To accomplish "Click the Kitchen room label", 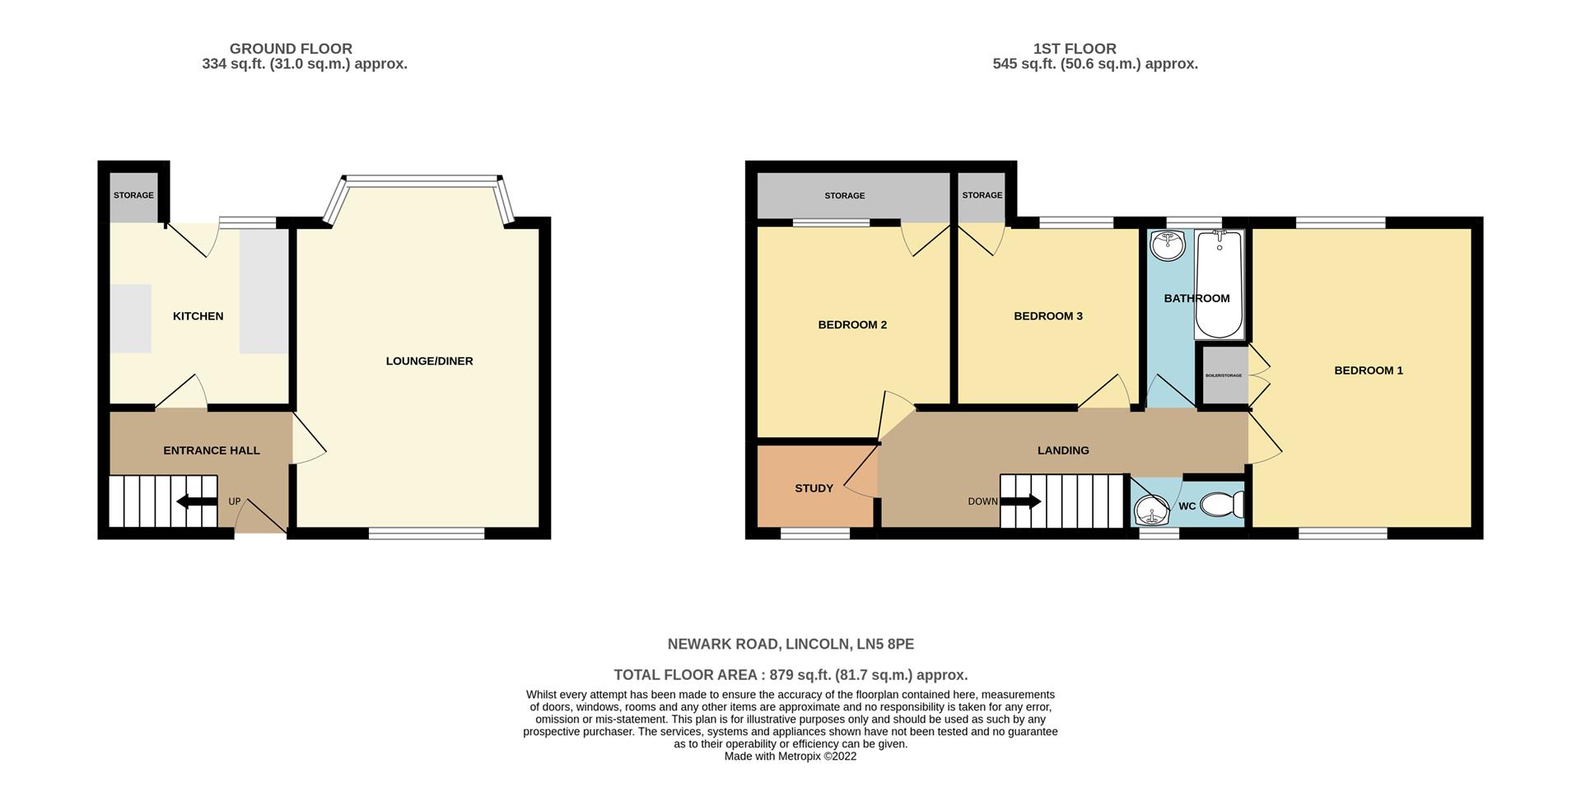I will tap(198, 316).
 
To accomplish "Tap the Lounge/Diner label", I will tap(429, 361).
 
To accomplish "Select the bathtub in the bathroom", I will tap(1220, 285).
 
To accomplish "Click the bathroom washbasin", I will tap(1167, 244).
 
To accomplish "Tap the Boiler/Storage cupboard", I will tap(1224, 375).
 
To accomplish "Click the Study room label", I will tap(814, 488).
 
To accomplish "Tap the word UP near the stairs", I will tap(235, 501).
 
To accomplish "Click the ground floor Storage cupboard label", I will tap(133, 195).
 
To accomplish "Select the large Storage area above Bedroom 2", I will tap(845, 196).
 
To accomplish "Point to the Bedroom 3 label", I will tap(1047, 316).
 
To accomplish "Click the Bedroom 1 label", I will tap(1368, 370).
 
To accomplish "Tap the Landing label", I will tap(1062, 450).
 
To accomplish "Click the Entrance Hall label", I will tap(212, 450).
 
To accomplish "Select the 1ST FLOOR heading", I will tap(1075, 49).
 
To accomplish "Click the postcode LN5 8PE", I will tap(885, 644).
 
